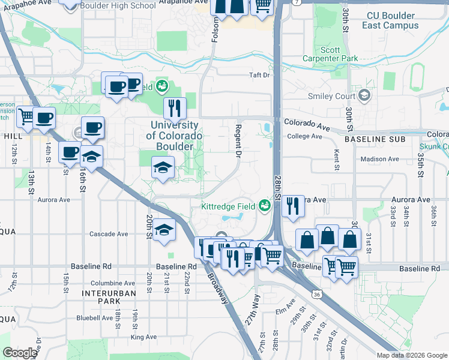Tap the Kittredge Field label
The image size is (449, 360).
(229, 206)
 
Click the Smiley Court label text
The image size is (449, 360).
(331, 96)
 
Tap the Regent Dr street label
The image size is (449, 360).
(238, 141)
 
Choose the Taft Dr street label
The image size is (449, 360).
(260, 76)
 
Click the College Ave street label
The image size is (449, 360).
(305, 136)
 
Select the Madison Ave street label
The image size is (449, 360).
(379, 159)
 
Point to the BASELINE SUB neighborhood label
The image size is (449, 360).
(368, 139)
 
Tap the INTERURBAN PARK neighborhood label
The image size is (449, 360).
(109, 297)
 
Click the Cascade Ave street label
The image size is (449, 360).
(109, 234)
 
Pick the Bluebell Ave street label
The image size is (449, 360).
(94, 318)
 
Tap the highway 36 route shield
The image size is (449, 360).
(316, 294)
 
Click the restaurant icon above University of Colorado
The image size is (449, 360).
(175, 108)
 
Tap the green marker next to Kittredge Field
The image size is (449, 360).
(264, 206)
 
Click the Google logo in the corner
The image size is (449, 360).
(20, 353)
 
